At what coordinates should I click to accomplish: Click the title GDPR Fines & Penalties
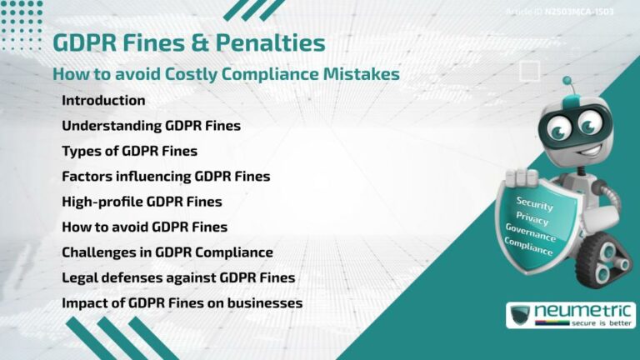coord(188,42)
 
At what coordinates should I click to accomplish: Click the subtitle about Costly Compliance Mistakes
coord(226,74)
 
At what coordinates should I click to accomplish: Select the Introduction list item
coord(103,101)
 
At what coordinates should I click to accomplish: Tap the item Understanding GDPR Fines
coord(151,126)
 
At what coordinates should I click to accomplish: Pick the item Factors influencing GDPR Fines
coord(166,176)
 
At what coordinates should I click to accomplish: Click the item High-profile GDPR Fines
coord(142,201)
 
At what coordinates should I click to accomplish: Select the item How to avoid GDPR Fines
coord(144,227)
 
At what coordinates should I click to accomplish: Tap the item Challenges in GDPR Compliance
coord(167,252)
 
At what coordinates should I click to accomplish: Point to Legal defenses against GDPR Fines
coord(178,277)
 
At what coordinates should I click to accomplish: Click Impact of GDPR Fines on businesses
coord(182,302)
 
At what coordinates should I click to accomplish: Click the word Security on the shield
coord(535,202)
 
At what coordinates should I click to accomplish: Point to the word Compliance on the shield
coord(528,247)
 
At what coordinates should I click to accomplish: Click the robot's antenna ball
coord(567,82)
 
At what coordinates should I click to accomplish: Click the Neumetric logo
coord(570,315)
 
